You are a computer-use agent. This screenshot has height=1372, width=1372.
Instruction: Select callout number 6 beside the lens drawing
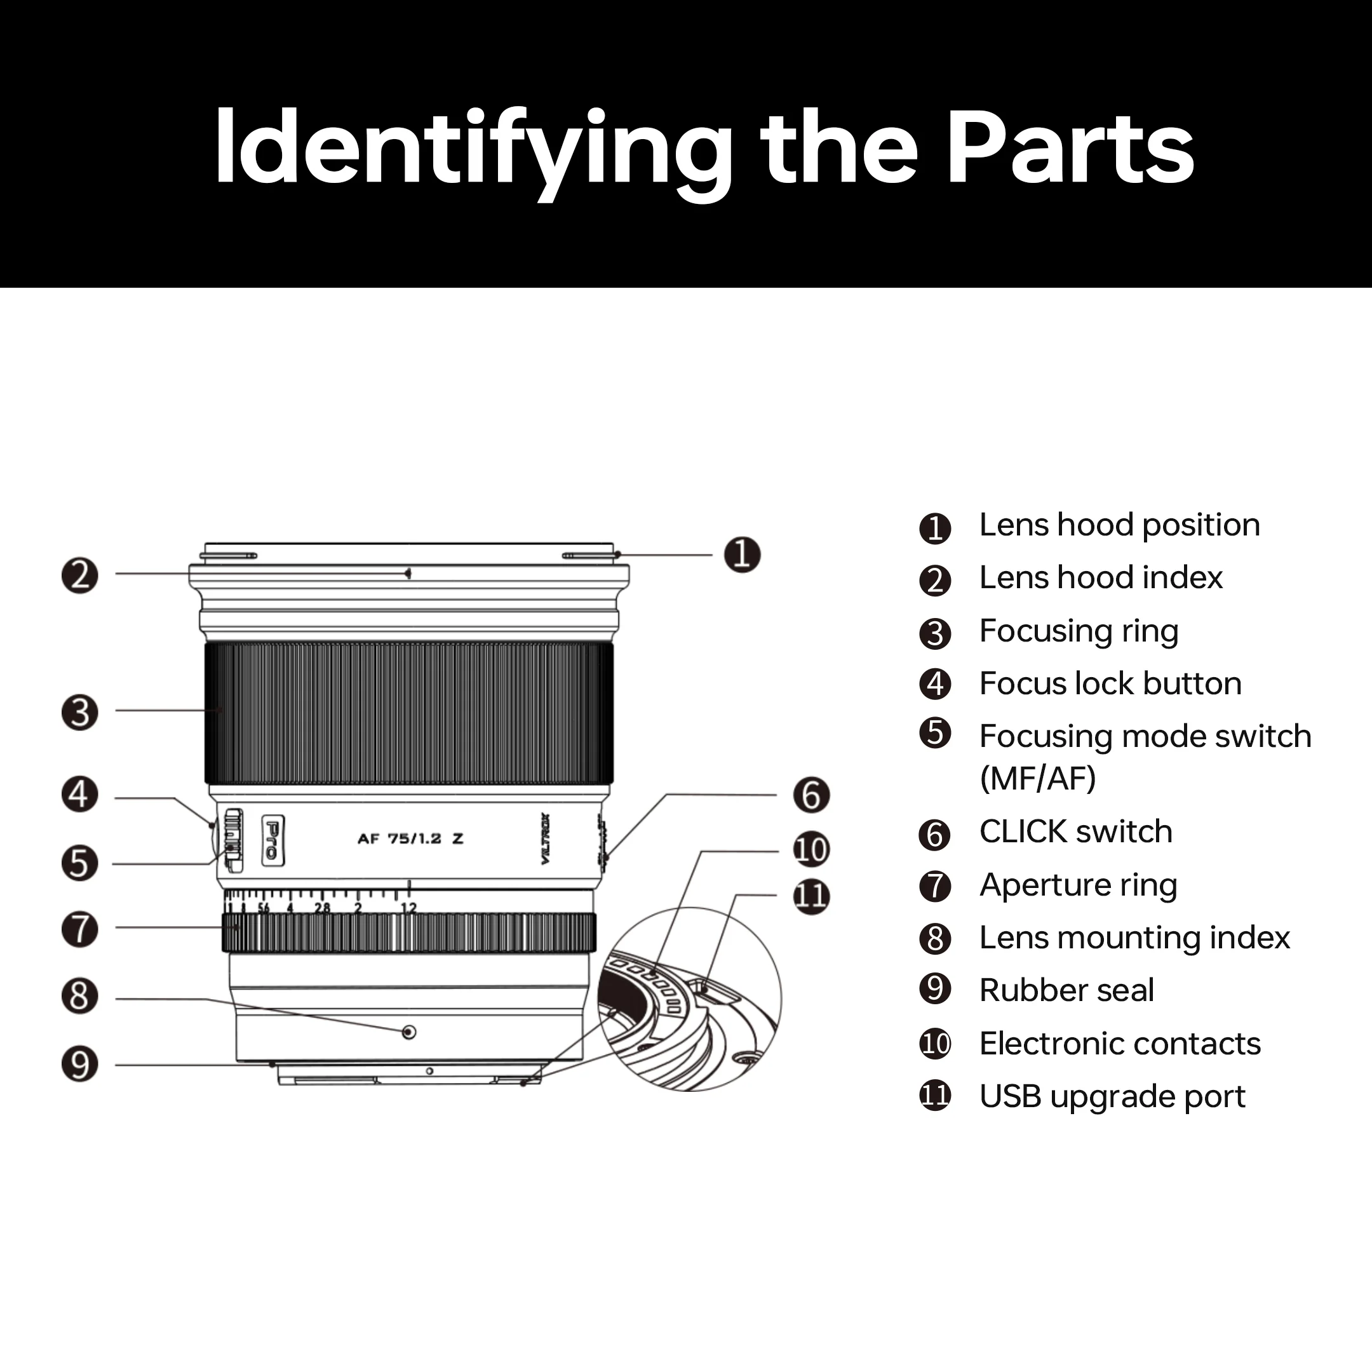pos(811,795)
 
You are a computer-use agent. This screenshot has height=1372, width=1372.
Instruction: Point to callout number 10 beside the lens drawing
pos(811,849)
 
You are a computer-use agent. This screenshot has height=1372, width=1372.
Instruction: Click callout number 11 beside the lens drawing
pos(811,896)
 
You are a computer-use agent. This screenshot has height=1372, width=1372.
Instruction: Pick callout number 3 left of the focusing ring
pos(79,712)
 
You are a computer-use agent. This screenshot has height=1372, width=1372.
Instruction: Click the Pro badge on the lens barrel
pos(272,840)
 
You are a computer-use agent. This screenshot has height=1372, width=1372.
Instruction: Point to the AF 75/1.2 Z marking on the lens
pos(410,838)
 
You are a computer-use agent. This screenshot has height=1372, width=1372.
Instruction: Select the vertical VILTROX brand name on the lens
pos(546,838)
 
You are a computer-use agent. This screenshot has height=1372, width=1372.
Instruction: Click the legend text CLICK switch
pos(1075,831)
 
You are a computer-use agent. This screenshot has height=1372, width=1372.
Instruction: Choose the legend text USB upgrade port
pos(1112,1096)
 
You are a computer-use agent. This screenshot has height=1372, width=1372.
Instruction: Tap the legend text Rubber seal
pos(1066,991)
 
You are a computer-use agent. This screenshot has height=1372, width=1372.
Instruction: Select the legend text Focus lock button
pos(1110,684)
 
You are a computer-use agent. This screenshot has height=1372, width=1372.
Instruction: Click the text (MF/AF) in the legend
pos(1037,779)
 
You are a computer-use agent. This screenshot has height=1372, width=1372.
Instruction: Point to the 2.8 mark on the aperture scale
pos(323,908)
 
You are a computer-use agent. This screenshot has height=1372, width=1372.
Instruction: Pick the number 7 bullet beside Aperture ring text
pos(934,886)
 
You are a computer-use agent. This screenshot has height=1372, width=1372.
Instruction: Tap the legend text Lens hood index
pos(1101,578)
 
